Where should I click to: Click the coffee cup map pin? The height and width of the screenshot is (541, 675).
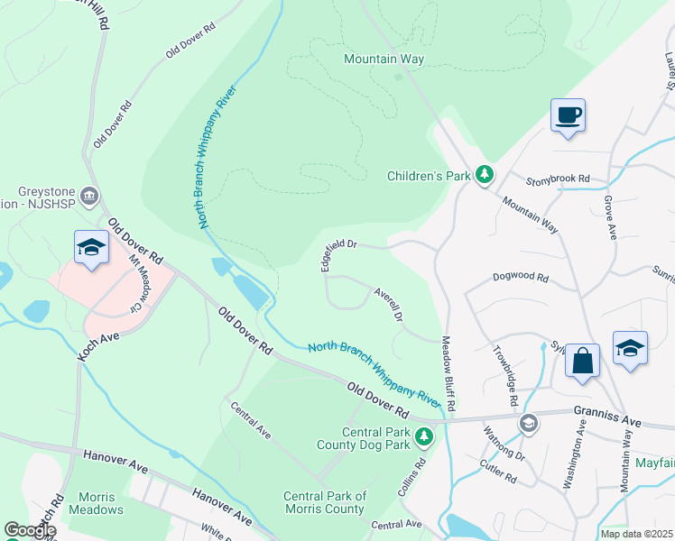[x=568, y=116]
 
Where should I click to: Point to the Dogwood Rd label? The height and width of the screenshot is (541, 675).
[x=521, y=279]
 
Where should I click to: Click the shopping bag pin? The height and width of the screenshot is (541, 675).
[x=583, y=361]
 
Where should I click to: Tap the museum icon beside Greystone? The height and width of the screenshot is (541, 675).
[x=89, y=196]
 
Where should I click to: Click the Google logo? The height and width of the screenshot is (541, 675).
[x=30, y=531]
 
